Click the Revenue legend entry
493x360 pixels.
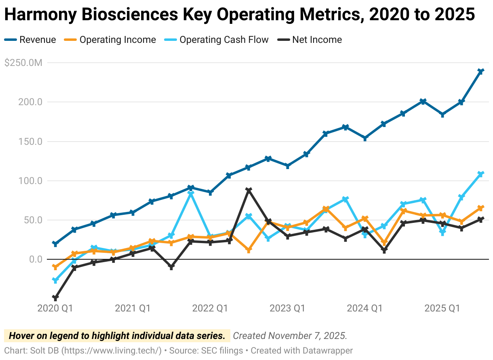(30, 40)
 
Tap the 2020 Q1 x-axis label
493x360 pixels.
(55, 308)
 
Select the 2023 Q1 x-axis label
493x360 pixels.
(287, 308)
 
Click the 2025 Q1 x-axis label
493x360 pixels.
(442, 308)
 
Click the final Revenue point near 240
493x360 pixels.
(481, 71)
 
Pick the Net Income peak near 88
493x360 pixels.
(249, 190)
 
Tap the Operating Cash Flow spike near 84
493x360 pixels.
(191, 193)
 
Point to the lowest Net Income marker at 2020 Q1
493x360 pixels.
(55, 298)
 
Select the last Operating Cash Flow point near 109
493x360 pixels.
(481, 174)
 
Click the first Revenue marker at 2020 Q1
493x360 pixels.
(55, 244)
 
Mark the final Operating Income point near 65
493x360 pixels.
(481, 208)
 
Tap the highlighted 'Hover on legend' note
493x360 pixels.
(117, 336)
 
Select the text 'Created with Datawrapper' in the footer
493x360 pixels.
(302, 350)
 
